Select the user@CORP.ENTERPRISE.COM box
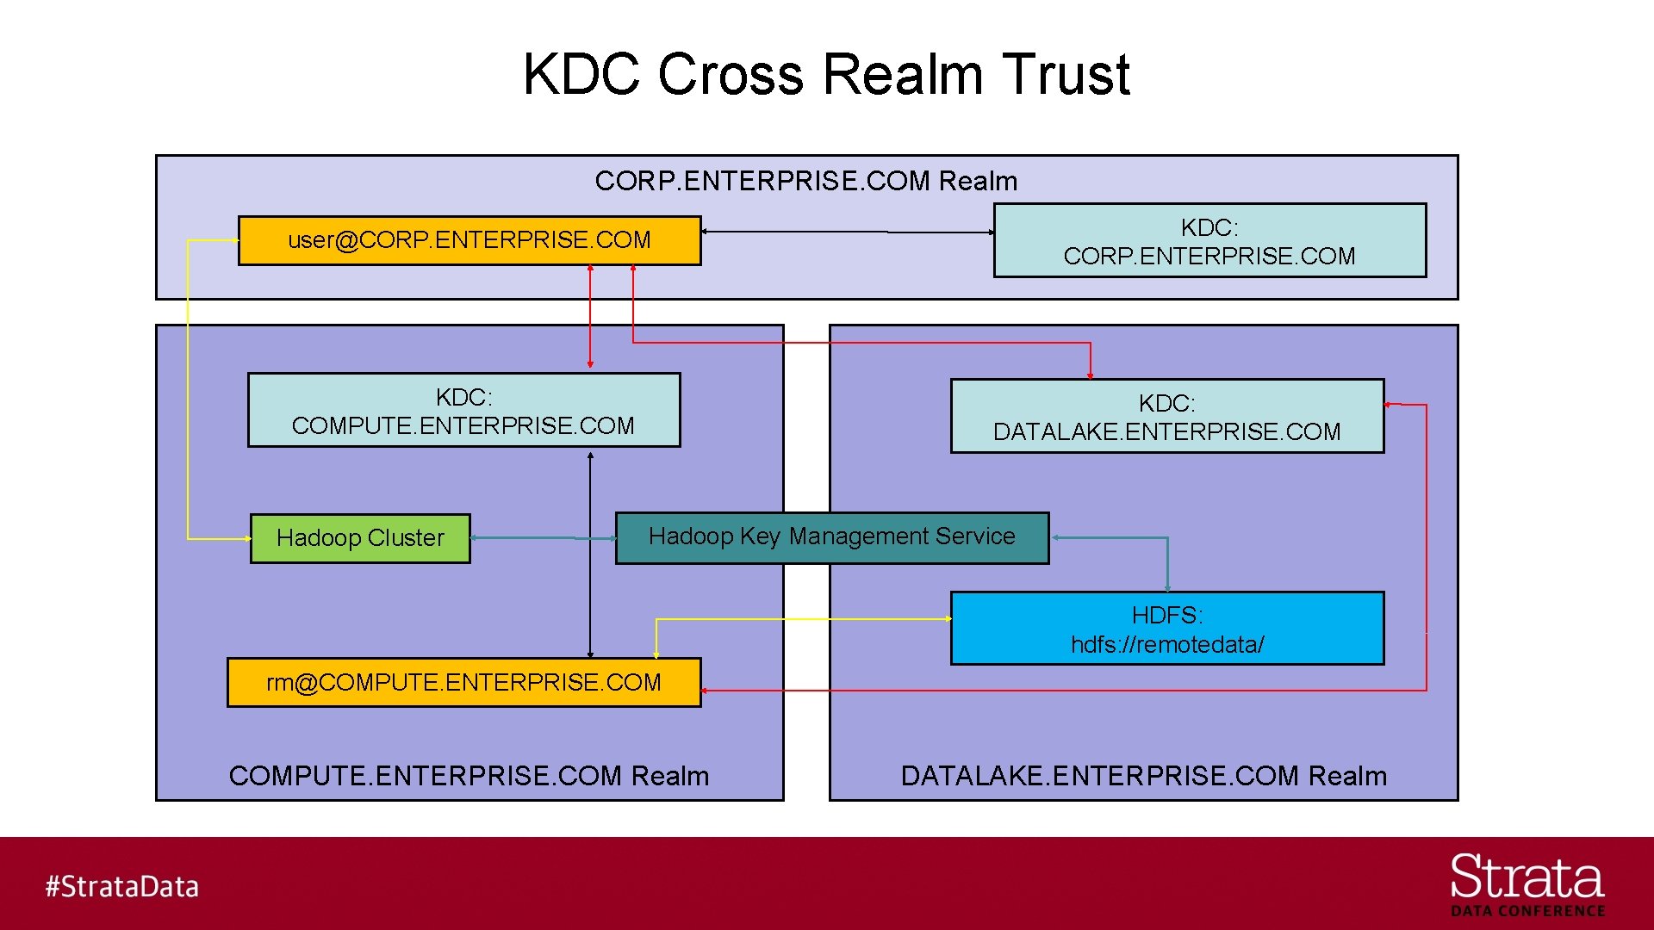(x=469, y=240)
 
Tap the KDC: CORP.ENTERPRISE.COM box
(x=1209, y=241)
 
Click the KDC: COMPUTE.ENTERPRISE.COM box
(x=463, y=411)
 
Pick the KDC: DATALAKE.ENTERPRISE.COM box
(x=1166, y=417)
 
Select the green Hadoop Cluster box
(x=360, y=538)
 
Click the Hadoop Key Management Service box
(x=831, y=537)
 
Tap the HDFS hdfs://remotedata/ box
(x=1166, y=629)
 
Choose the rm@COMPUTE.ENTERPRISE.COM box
(x=463, y=683)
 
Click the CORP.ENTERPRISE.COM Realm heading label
(x=805, y=181)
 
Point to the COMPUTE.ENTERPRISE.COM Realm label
(x=469, y=776)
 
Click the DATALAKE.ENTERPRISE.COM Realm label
(x=1143, y=776)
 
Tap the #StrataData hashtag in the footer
(x=121, y=886)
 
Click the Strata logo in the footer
(x=1527, y=877)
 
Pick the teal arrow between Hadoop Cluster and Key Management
(x=543, y=538)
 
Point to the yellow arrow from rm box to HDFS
(x=801, y=619)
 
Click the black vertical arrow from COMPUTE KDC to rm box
(x=590, y=555)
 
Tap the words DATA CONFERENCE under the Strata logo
(x=1527, y=911)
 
